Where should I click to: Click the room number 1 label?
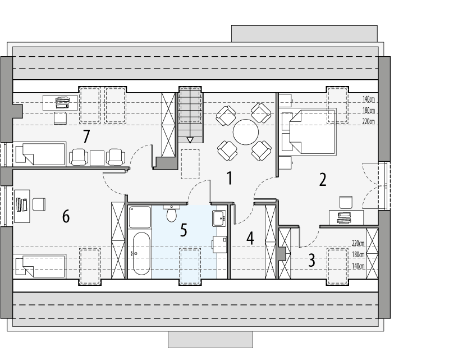pos(228,178)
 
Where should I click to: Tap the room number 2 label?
pos(323,180)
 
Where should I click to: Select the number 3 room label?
pos(311,261)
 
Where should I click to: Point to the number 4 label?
pos(250,238)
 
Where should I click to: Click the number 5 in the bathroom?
pos(184,231)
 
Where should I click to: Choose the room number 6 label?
pos(66,216)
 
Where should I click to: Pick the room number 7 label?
pos(86,136)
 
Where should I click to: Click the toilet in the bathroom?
pos(172,215)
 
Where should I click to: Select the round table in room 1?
pos(246,133)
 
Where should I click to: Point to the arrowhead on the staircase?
pos(190,140)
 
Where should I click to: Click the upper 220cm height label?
pos(368,121)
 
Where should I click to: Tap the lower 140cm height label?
pos(358,266)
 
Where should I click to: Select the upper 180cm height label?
pos(368,110)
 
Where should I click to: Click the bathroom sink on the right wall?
pos(219,217)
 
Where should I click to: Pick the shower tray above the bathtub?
pos(140,217)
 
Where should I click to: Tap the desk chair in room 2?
pos(345,201)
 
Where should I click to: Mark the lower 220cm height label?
pos(358,243)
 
